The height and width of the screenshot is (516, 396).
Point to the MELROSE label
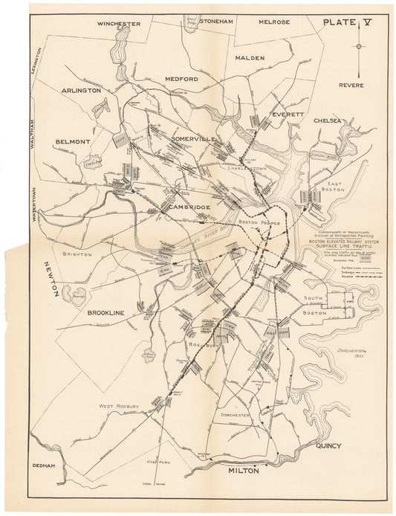click(274, 23)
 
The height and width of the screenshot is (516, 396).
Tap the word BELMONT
click(72, 141)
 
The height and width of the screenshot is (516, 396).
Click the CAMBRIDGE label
click(191, 207)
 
